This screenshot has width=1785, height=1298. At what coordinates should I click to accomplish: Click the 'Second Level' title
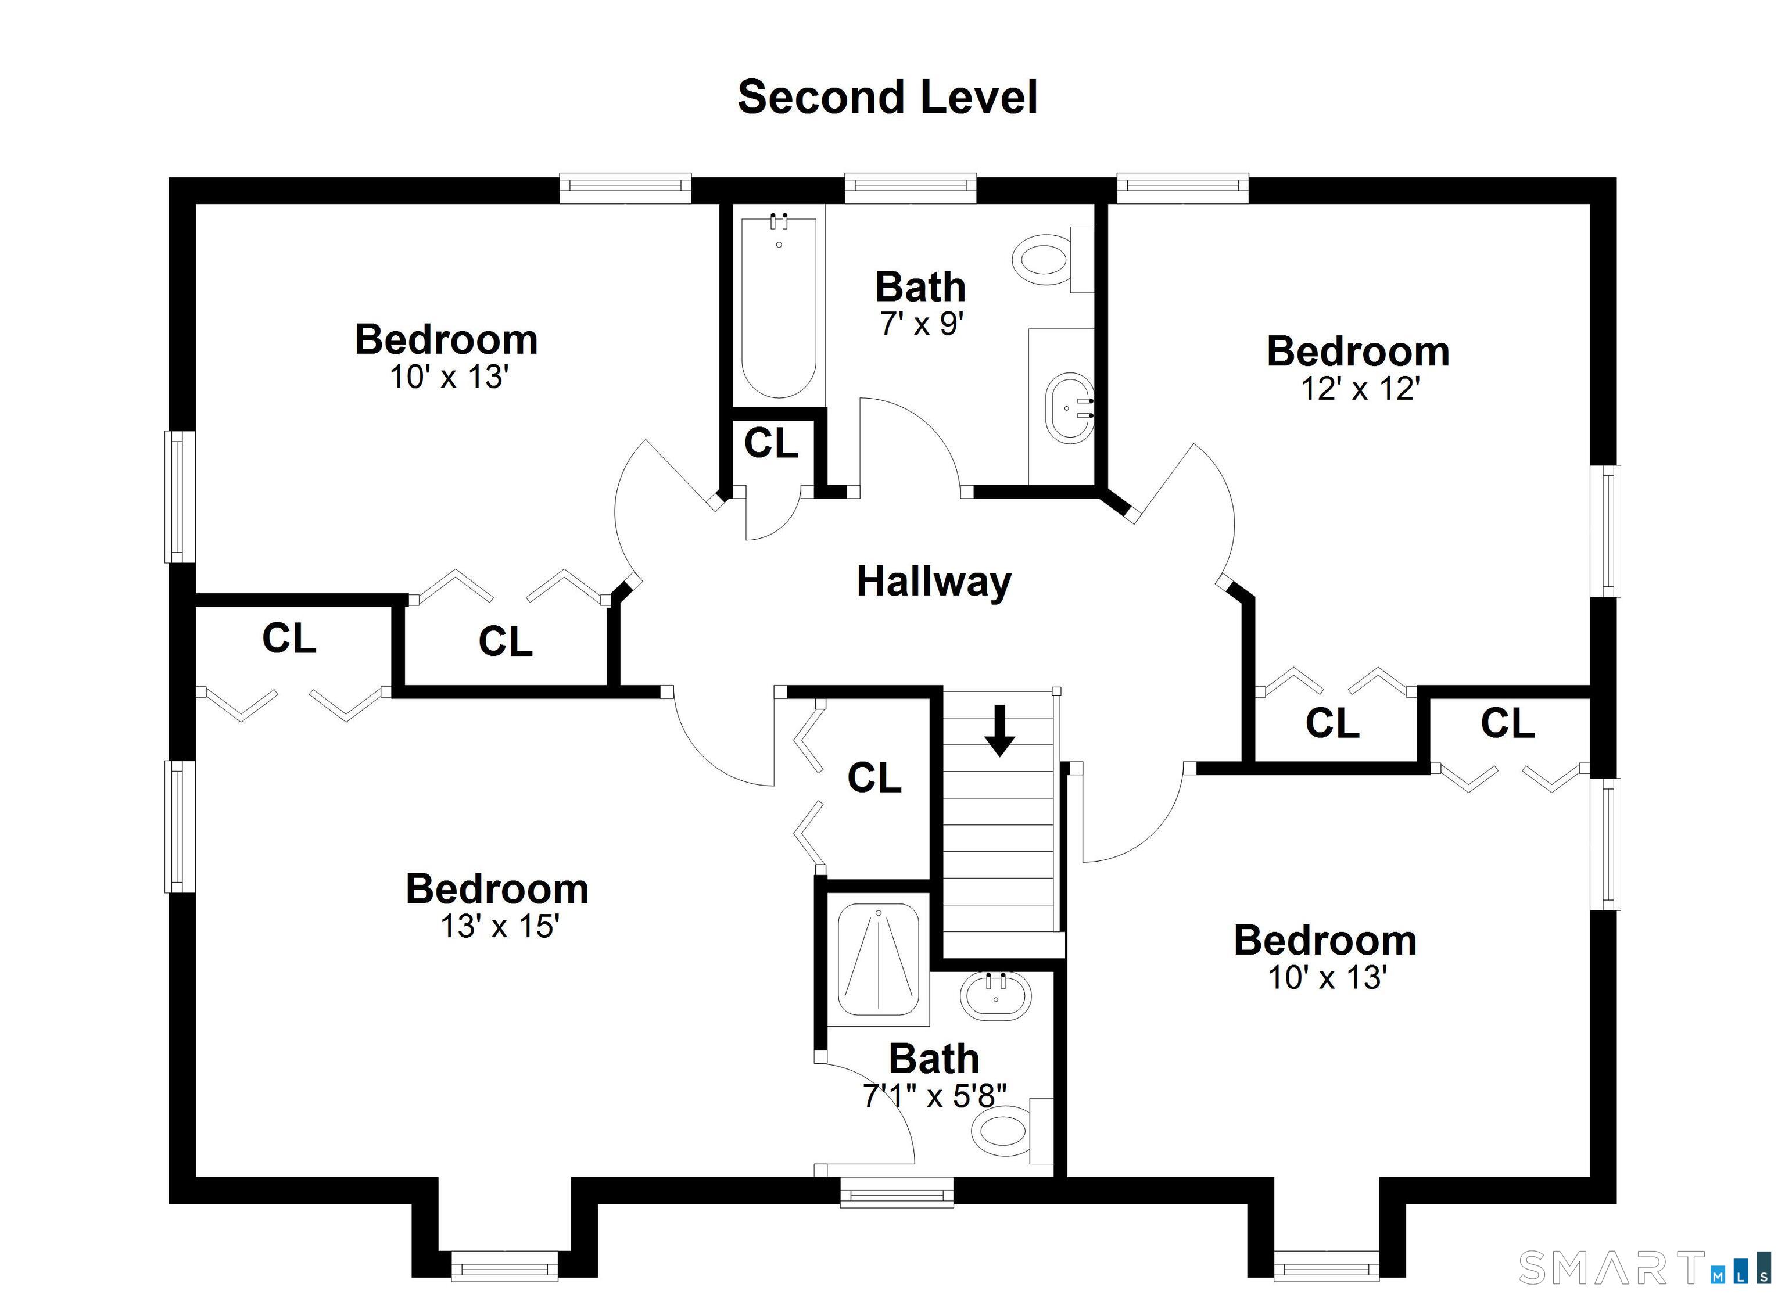(x=888, y=98)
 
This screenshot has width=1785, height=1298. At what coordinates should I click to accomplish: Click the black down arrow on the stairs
(x=999, y=730)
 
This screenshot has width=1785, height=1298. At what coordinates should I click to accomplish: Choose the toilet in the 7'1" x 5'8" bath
(x=1012, y=1131)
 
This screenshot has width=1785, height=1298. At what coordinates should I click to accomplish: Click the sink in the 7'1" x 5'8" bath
(x=995, y=996)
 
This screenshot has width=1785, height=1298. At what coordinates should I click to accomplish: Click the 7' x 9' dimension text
(x=921, y=324)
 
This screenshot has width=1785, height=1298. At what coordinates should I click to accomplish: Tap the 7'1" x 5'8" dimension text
(x=934, y=1096)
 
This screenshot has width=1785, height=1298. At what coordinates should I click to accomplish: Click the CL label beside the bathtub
(x=770, y=443)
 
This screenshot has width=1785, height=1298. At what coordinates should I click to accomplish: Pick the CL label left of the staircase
(x=873, y=778)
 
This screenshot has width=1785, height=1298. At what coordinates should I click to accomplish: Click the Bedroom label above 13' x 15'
(x=497, y=890)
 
